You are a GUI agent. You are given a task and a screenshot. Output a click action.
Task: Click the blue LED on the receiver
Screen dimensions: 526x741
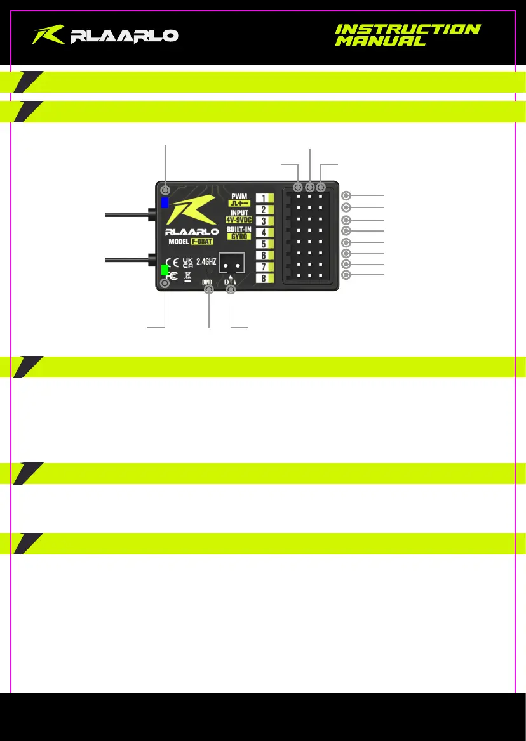tap(165, 203)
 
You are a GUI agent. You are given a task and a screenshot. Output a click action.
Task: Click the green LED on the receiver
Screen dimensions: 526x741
tap(165, 270)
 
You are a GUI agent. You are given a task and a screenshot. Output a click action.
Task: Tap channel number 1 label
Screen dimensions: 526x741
tap(264, 198)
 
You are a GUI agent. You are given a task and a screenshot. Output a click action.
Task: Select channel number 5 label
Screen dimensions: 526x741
tap(264, 244)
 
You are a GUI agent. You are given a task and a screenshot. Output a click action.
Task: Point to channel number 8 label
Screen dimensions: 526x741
tap(264, 278)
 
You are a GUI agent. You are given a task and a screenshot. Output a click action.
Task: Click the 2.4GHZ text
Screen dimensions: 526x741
tap(206, 261)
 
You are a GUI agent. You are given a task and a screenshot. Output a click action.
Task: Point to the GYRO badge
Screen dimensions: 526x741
tap(239, 235)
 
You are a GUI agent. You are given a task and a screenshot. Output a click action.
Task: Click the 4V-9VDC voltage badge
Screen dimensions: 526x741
tap(239, 220)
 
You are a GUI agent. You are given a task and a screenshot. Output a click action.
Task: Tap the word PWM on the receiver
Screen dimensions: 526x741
tap(239, 197)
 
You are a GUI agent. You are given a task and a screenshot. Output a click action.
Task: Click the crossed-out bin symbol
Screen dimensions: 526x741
tap(187, 276)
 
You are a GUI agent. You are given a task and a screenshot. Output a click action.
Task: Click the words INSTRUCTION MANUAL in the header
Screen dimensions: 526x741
tap(407, 35)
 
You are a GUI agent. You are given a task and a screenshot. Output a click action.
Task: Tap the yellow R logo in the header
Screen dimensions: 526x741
tap(48, 35)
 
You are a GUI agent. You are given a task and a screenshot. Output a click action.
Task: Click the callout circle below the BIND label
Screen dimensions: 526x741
tap(208, 290)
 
